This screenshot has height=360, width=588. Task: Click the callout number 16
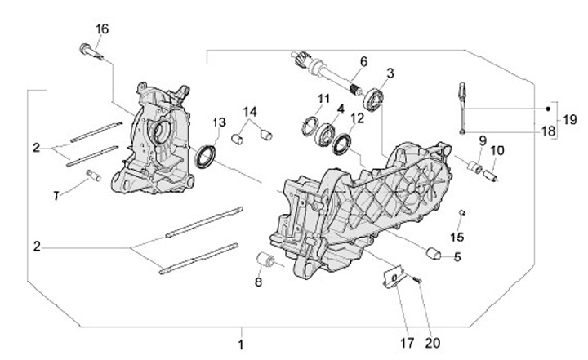102,29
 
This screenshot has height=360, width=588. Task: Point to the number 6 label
363,60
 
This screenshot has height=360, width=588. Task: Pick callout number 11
323,99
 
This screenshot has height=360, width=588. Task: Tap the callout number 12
357,118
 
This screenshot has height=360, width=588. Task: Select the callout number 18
547,130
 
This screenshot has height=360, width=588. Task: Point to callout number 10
497,150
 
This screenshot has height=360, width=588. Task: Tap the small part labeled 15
461,213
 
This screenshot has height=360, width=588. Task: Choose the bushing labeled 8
265,261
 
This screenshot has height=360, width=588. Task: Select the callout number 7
56,196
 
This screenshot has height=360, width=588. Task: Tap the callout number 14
250,111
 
